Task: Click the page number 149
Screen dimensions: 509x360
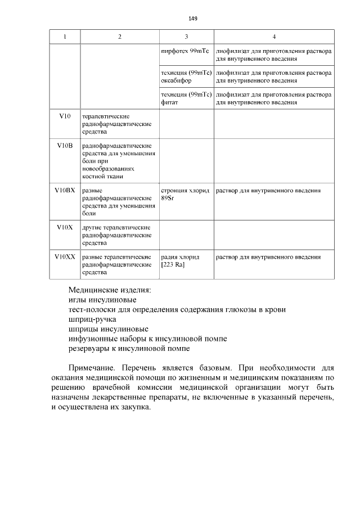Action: tap(192, 19)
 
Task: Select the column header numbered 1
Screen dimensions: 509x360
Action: tap(65, 37)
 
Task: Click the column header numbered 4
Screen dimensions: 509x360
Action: tap(274, 37)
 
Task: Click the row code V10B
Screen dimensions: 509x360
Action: tap(65, 146)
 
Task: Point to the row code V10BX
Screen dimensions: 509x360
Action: tap(65, 191)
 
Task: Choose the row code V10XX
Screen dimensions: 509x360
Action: tap(65, 257)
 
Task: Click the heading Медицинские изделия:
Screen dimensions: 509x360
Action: tap(110, 290)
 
